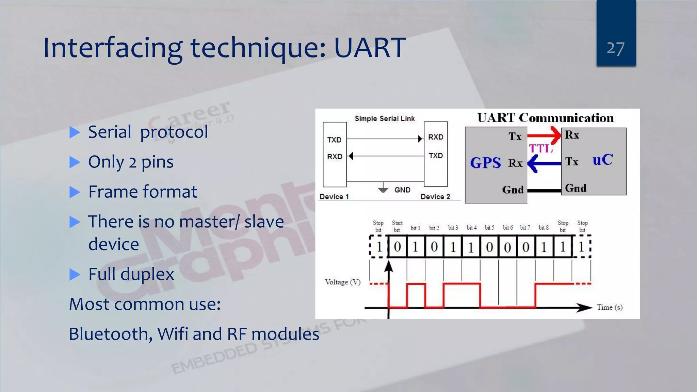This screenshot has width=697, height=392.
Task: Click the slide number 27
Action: pyautogui.click(x=615, y=48)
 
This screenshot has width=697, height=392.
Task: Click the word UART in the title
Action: pyautogui.click(x=370, y=48)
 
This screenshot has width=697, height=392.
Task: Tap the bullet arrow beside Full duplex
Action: pyautogui.click(x=75, y=274)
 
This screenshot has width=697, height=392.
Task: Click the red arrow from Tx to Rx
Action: pyautogui.click(x=544, y=135)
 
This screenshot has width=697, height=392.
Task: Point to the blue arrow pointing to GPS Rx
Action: pyautogui.click(x=544, y=164)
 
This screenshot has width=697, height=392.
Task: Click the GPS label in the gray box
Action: pyautogui.click(x=485, y=163)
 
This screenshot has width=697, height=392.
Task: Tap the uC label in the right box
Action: pyautogui.click(x=602, y=160)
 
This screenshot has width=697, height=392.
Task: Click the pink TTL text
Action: pyautogui.click(x=540, y=148)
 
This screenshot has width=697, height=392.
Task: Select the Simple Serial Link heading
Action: pyautogui.click(x=385, y=118)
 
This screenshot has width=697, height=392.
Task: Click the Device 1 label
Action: pyautogui.click(x=334, y=197)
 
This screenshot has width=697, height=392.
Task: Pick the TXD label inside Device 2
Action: pyautogui.click(x=436, y=156)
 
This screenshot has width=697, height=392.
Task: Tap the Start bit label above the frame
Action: pyautogui.click(x=397, y=226)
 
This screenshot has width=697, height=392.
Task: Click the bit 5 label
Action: pyautogui.click(x=489, y=228)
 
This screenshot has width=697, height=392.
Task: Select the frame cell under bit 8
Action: pyautogui.click(x=544, y=247)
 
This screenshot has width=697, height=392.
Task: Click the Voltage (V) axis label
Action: pyautogui.click(x=342, y=282)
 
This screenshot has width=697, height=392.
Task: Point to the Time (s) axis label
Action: pyautogui.click(x=610, y=307)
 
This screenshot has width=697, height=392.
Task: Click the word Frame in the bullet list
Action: pyautogui.click(x=112, y=192)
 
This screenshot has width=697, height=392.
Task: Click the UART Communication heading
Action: pyautogui.click(x=545, y=118)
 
